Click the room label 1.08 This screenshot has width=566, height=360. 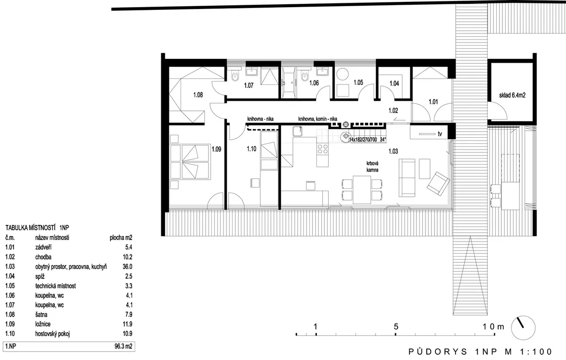coord(198,95)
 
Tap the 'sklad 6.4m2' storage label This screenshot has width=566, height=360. coord(512,95)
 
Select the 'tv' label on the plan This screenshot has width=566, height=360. coord(440,134)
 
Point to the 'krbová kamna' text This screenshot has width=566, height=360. coord(373,167)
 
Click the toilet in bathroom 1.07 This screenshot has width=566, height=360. coord(235,75)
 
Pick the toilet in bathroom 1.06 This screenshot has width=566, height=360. coord(305,75)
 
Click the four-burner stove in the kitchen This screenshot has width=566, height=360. coord(323,149)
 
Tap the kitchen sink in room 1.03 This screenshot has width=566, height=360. coord(298,131)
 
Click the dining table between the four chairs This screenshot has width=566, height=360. coord(362,190)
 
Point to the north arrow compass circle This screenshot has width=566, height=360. coord(523,327)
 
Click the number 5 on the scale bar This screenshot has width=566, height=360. coord(396,327)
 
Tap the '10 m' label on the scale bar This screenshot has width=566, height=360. coord(493,327)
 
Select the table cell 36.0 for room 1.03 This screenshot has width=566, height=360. coord(127,267)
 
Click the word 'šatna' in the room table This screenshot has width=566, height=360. coord(41,315)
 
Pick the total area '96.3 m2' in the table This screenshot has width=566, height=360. coord(123,346)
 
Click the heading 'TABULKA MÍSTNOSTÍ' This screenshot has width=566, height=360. coord(30,228)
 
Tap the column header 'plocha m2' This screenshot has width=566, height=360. coord(121,238)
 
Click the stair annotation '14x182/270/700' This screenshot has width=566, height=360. coord(363,140)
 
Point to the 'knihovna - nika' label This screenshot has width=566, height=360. coord(260,119)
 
